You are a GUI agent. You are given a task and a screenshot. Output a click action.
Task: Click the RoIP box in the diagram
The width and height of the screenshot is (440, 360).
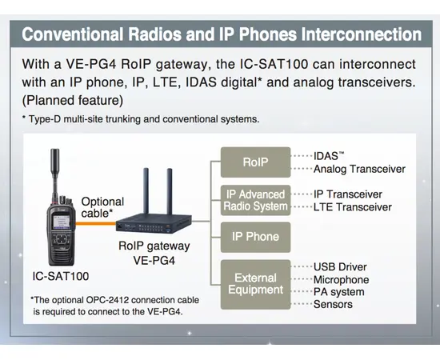coord(255,162)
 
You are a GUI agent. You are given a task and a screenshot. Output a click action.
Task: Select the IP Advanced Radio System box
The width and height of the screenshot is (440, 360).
coord(255,200)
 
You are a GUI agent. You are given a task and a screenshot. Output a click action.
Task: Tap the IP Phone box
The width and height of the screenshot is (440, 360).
coord(255,237)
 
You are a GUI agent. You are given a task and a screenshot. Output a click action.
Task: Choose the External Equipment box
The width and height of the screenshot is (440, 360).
coord(255,284)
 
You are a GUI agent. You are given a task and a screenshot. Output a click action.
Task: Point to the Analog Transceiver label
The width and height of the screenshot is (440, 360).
coord(359,169)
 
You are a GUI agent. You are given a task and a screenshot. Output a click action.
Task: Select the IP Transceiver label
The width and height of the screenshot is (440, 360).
coord(347,194)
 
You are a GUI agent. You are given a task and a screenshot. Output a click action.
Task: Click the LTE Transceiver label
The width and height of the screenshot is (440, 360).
coord(352,207)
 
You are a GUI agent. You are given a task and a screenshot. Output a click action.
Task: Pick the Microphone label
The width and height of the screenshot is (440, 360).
coord(342,279)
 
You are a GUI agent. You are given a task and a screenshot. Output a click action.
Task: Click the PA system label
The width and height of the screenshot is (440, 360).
coord(338,292)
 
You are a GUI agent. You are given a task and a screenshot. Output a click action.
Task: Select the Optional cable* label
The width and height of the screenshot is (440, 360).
coord(102,207)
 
